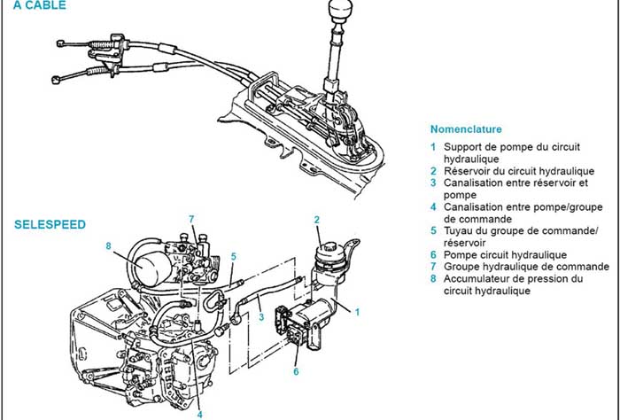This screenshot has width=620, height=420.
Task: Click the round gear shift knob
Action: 338,11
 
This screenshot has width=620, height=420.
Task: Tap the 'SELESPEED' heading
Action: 50,225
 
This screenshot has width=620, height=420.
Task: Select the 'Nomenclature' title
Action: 465,128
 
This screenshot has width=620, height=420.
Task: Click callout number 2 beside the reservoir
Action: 316,219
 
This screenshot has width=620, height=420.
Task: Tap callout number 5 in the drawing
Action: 233,256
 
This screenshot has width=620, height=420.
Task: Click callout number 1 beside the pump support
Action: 358,311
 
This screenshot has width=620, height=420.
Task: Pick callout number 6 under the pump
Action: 296,372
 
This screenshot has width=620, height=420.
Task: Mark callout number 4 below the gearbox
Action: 199,413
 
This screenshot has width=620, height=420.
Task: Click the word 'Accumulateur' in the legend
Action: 477,278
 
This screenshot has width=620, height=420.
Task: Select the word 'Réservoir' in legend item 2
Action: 469,170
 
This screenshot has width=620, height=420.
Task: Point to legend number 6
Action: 433,254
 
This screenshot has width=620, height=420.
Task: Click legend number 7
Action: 433,267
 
